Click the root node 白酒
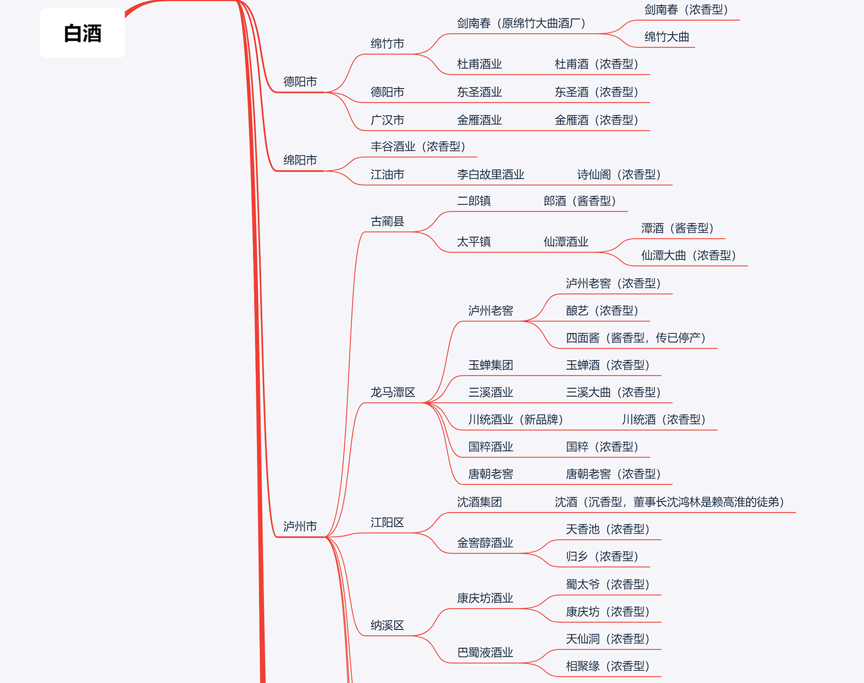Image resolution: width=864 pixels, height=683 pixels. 82,33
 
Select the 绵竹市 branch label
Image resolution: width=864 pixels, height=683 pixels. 387,44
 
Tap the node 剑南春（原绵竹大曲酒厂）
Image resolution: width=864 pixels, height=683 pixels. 521,23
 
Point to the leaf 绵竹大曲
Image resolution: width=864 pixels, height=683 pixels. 666,37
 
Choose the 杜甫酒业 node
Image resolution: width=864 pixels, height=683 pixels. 479,64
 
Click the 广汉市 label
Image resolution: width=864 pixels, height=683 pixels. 387,120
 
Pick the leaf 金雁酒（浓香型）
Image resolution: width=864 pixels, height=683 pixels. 596,120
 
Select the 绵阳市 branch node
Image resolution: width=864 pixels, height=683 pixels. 300,160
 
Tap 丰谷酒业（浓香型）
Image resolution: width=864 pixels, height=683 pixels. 418,146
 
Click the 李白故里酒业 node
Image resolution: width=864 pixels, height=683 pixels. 490,174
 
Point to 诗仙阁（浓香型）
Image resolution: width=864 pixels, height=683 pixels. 619,174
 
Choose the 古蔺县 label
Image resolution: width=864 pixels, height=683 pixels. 387,221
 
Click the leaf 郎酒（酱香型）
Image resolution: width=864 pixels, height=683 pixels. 579,201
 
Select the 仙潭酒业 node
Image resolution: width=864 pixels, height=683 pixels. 566,242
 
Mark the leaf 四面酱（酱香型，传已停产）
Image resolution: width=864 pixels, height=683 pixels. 635,337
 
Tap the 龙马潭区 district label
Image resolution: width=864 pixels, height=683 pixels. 392,392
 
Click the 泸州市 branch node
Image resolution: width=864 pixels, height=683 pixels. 300,526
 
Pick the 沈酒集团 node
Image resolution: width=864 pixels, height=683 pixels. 479,502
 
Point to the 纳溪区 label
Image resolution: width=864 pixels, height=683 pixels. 387,625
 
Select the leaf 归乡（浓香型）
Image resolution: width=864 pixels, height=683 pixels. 602,556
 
